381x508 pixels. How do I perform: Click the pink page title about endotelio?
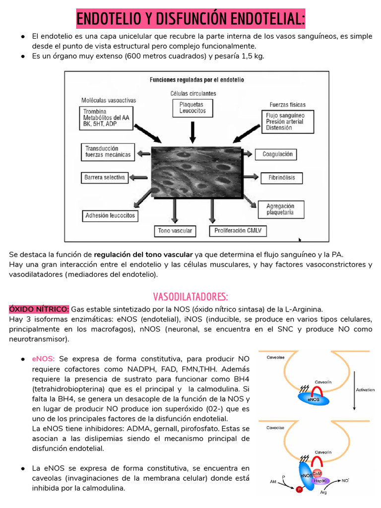click(x=190, y=19)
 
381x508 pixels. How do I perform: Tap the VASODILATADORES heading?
click(x=190, y=297)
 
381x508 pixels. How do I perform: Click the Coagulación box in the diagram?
click(x=277, y=154)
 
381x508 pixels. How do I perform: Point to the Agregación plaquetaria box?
click(x=280, y=209)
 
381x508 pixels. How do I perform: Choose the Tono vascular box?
click(x=175, y=231)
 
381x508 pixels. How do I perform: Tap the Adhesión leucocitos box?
click(x=110, y=216)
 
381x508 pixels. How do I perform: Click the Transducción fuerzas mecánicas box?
click(x=108, y=151)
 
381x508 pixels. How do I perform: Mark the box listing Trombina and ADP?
click(x=106, y=118)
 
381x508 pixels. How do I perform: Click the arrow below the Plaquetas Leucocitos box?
click(x=193, y=131)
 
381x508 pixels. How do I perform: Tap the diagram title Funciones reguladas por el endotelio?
click(x=197, y=79)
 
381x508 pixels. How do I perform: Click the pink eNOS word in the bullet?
click(x=43, y=359)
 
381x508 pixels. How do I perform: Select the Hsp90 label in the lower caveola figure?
click(x=320, y=481)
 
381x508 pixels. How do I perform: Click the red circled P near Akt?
click(x=299, y=490)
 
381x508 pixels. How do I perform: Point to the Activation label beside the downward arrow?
click(x=366, y=390)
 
